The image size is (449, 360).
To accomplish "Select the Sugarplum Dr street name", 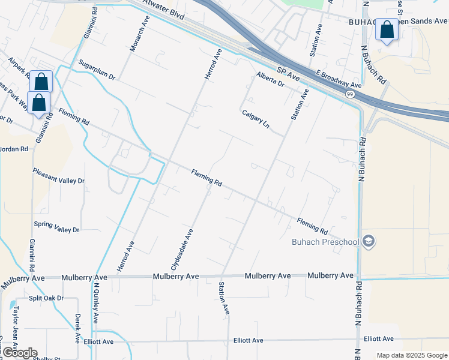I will pos(97,70).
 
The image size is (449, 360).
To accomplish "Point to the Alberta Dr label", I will pos(270,79).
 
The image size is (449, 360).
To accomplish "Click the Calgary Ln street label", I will pos(256,119).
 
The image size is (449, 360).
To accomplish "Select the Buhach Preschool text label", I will pos(325,242).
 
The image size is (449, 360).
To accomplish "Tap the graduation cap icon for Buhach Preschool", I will pos(369,242).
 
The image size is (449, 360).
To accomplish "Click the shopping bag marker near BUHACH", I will pos(387,30).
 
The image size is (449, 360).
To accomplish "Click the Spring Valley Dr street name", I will pos(56,227).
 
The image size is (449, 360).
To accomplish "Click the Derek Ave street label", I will pos(77,328).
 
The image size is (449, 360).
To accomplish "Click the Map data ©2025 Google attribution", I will pos(412,355).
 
